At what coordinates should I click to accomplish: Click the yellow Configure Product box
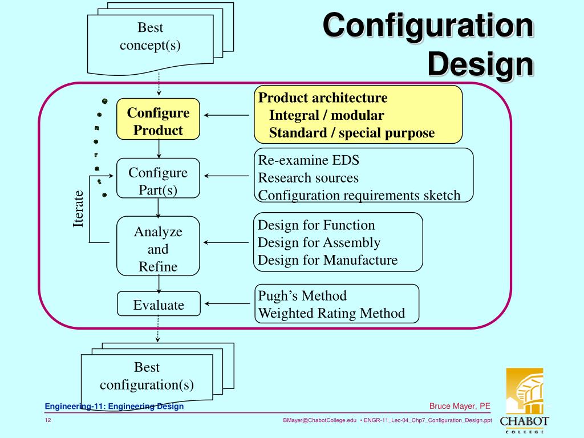pos(158,121)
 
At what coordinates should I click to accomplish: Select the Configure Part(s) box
pos(158,181)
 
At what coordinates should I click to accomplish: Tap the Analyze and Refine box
pos(158,249)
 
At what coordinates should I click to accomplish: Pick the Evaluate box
pos(159,305)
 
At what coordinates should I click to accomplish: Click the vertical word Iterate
pos(78,209)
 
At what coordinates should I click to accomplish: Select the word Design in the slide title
pos(480,64)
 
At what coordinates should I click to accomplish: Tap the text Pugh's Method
pos(302,295)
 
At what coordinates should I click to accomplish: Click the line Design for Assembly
pos(319,242)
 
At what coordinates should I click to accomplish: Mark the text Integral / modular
pos(326,115)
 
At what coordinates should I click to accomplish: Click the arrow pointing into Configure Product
pos(226,115)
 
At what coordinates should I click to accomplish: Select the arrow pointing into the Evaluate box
pos(226,304)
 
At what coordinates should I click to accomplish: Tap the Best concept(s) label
pos(150,36)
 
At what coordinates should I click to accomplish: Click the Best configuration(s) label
pos(147,376)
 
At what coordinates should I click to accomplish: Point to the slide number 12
pos(48,420)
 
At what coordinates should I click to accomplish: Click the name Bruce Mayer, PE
pos(460,406)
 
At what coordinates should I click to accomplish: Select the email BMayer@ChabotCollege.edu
pos(319,420)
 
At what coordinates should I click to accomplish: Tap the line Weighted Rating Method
pos(331,313)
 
